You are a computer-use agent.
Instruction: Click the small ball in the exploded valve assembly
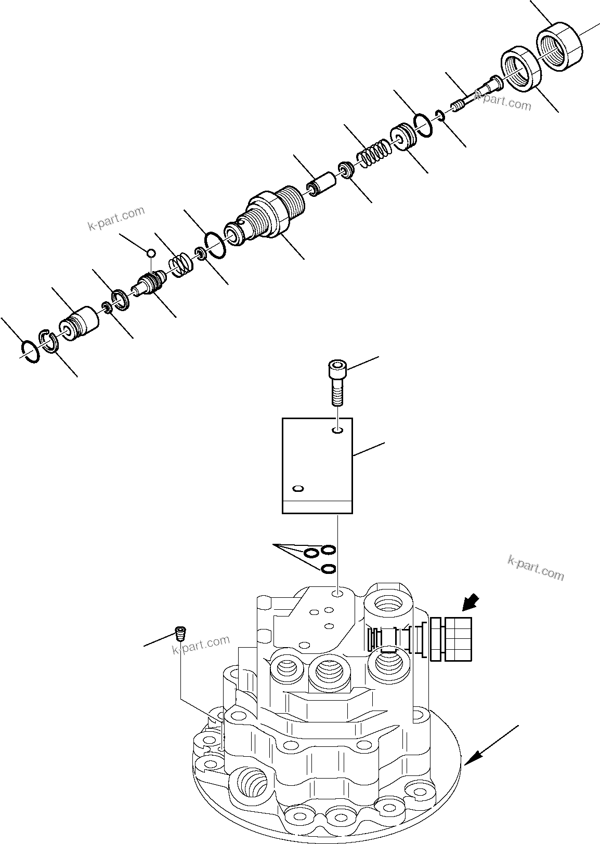click(151, 253)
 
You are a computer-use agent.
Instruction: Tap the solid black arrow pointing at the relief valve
click(471, 604)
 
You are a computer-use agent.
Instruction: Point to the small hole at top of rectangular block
click(338, 430)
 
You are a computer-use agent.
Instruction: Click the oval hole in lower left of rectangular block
click(298, 489)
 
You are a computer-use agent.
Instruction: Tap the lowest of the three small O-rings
click(328, 569)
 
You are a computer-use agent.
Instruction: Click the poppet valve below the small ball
click(149, 285)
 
